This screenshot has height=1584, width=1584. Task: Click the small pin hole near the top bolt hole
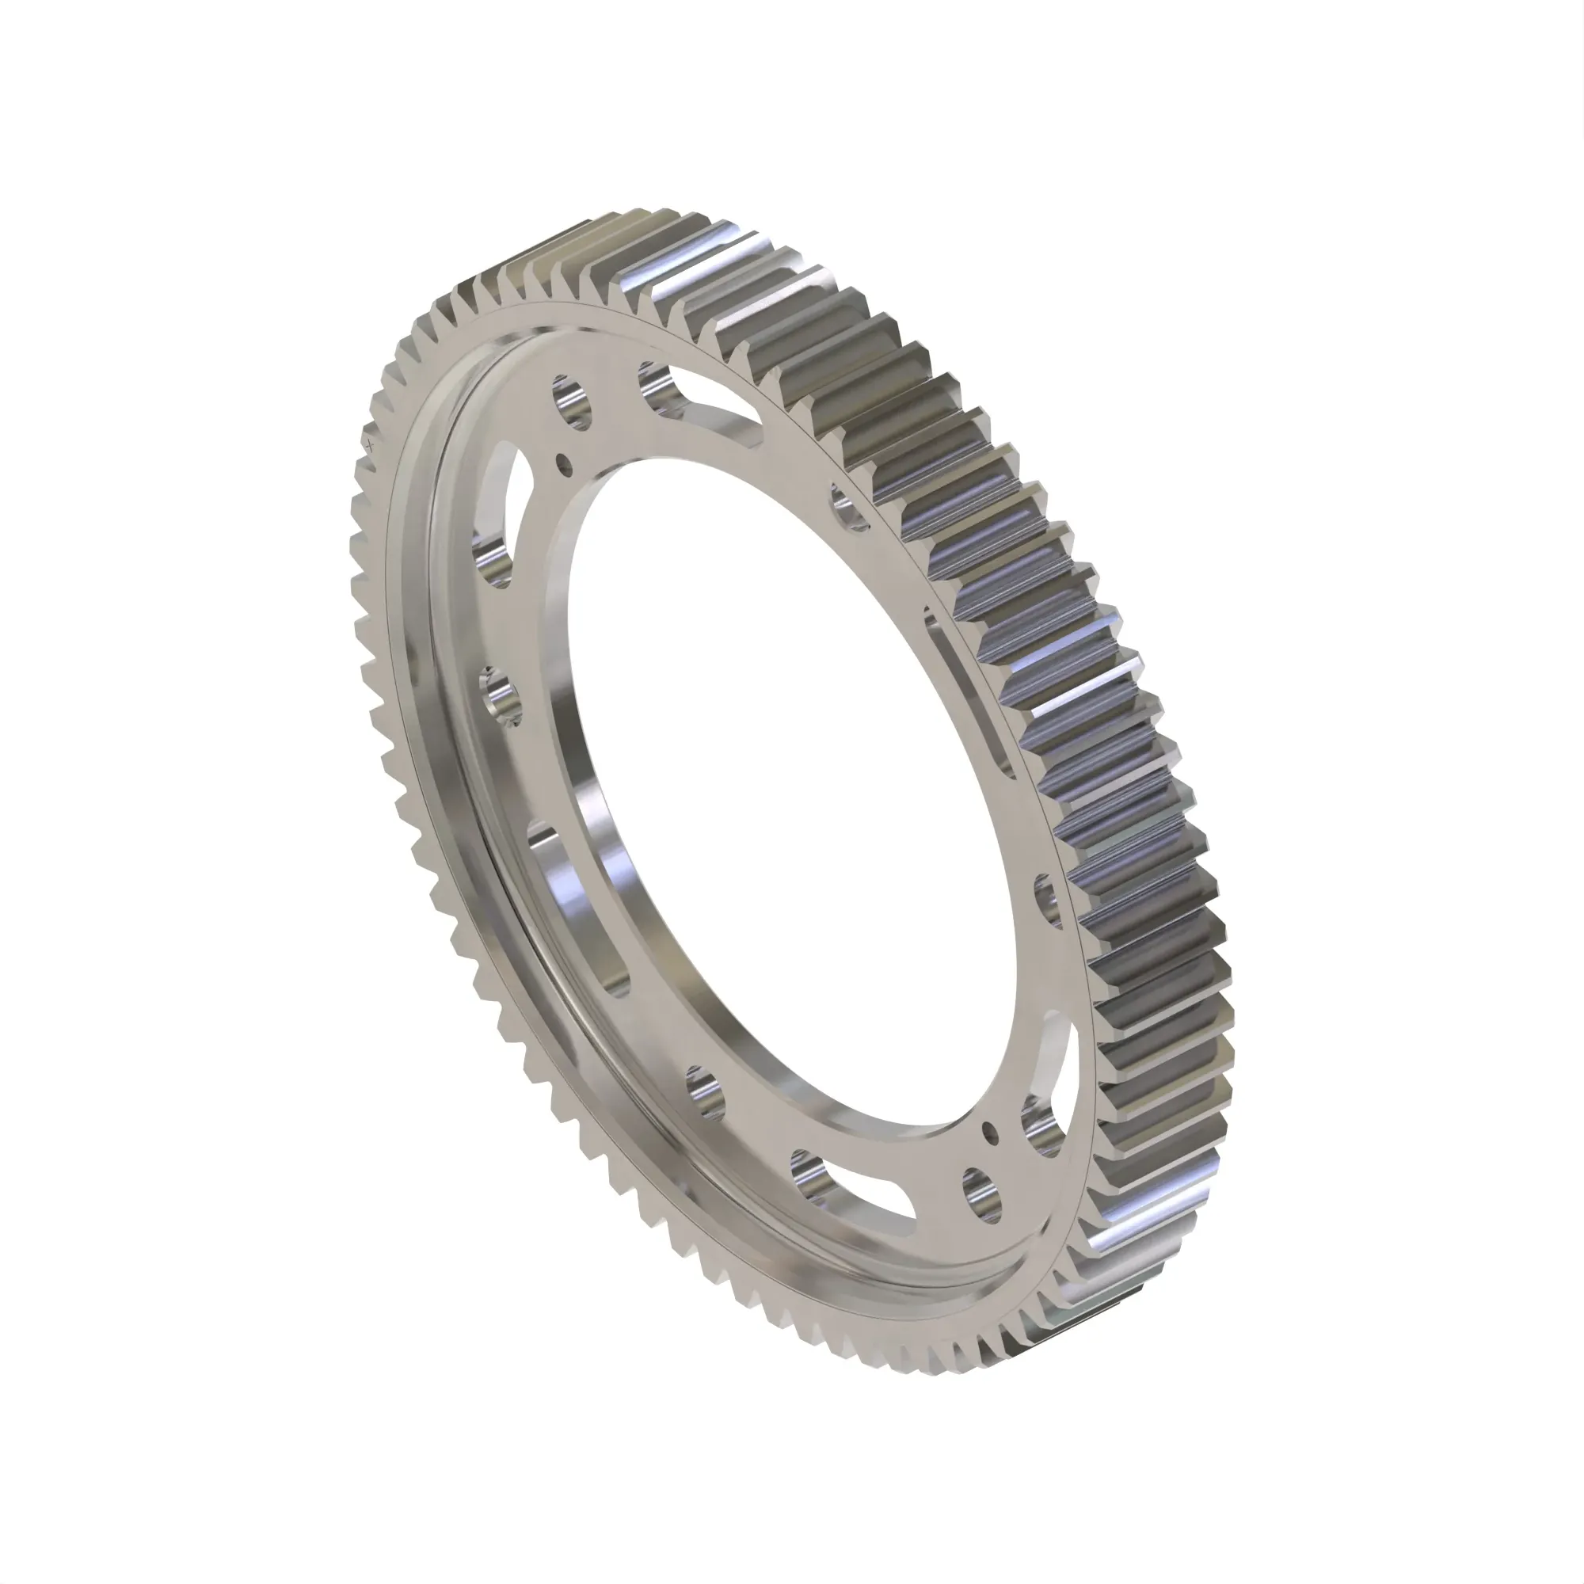coord(563,465)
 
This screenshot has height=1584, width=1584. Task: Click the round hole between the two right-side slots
coord(1049,901)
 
